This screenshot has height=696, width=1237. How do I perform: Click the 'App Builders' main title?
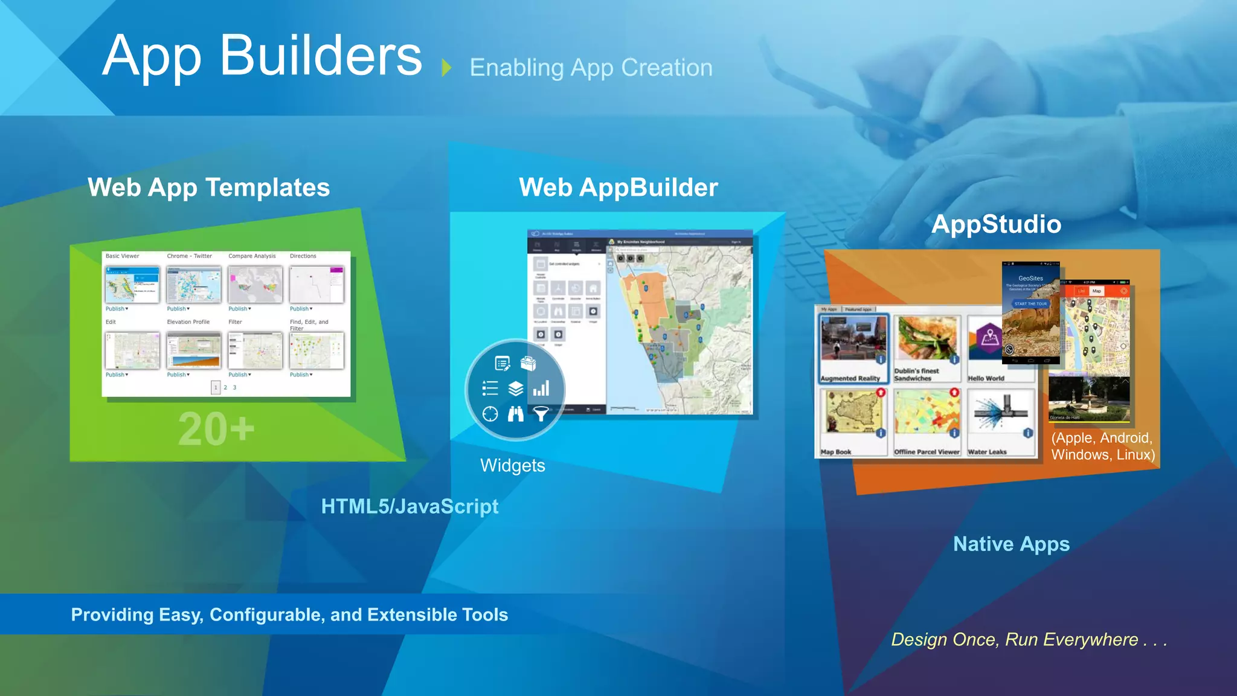(262, 56)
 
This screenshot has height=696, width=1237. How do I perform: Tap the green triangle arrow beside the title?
(446, 67)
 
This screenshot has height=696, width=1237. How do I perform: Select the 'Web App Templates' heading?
(208, 187)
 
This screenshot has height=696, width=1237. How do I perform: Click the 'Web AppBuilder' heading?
(618, 187)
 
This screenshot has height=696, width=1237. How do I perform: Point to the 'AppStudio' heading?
(996, 224)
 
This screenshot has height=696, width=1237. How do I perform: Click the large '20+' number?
(216, 429)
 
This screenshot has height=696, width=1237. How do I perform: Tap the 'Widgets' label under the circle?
(512, 465)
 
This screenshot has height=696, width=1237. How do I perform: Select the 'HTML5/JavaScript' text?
(410, 506)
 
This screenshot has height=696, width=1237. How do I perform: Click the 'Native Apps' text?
(1011, 544)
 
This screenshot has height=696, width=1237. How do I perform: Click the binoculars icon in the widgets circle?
(515, 414)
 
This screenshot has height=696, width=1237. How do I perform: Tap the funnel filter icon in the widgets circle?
(541, 414)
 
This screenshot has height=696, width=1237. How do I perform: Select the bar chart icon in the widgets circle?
(541, 388)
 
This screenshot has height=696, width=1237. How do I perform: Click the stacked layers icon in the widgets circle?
(515, 388)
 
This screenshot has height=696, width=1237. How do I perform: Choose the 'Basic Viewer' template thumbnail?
(132, 285)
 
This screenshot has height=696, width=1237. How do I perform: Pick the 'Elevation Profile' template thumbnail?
(194, 350)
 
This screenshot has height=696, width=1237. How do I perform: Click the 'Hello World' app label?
(986, 378)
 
